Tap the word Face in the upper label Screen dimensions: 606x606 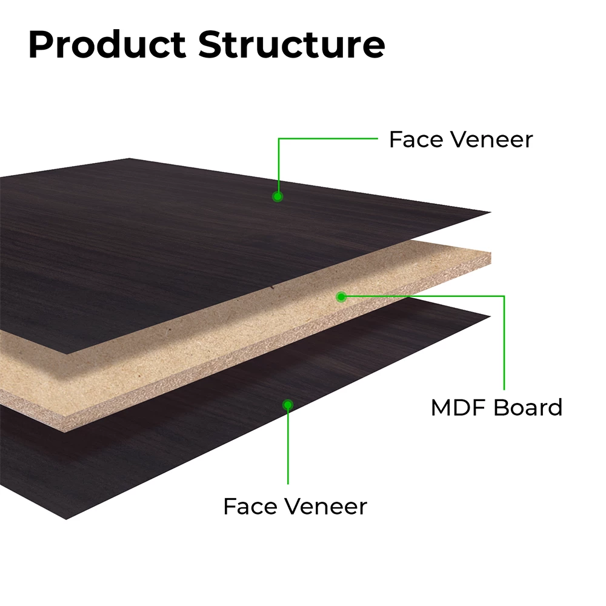[x=416, y=139]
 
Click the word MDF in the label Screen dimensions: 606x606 [x=459, y=408]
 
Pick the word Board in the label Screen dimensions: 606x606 [x=528, y=408]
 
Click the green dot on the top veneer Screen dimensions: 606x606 [x=278, y=197]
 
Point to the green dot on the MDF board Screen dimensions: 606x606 [x=341, y=297]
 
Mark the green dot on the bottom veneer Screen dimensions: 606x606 [x=287, y=405]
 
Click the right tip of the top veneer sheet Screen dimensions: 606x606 [x=491, y=212]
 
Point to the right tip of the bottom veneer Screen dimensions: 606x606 [x=490, y=316]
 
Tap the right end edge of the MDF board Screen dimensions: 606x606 [x=491, y=258]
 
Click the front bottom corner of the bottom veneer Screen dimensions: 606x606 [x=66, y=519]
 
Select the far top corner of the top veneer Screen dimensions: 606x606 [x=129, y=158]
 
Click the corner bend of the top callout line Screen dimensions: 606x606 [x=279, y=138]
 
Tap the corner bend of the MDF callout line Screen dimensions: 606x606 [x=504, y=296]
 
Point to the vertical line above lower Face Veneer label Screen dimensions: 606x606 [x=288, y=444]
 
